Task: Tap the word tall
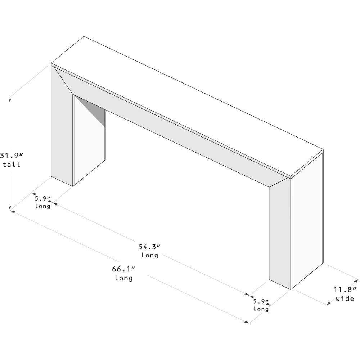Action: [x=12, y=165]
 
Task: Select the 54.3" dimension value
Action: [x=149, y=247]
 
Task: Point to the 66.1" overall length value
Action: [x=123, y=269]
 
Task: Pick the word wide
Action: [x=345, y=299]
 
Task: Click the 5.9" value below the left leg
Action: [x=42, y=198]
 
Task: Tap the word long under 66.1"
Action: [x=123, y=278]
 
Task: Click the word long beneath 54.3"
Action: [x=149, y=256]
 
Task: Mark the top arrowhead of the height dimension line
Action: [x=10, y=96]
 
